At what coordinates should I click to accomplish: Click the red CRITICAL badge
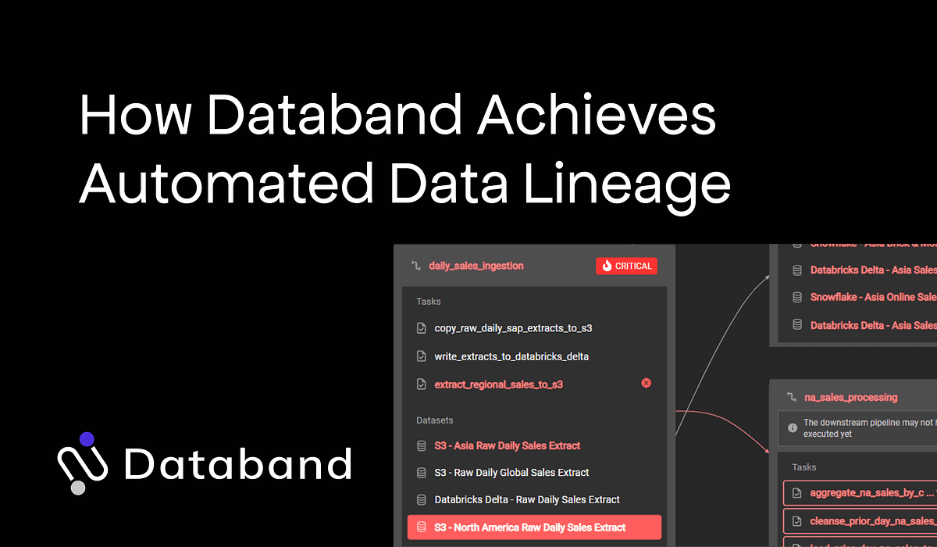626,266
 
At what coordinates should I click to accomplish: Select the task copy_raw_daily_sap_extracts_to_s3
513,328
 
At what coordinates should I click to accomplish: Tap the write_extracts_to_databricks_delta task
511,356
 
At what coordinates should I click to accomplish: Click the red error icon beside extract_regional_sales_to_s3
646,383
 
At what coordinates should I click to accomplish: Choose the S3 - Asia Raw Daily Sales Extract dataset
508,445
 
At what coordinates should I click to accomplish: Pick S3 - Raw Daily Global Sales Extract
511,473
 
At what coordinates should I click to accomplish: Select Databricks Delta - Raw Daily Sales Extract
527,499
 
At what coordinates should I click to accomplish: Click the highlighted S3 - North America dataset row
534,527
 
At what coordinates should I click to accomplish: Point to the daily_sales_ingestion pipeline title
476,266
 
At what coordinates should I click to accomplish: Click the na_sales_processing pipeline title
850,397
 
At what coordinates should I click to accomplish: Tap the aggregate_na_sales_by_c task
867,493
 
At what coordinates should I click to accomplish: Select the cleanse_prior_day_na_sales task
867,520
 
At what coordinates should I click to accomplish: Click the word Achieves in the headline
597,116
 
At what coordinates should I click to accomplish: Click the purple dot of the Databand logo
87,439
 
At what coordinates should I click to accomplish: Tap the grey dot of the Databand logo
78,488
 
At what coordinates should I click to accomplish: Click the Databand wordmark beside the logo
237,463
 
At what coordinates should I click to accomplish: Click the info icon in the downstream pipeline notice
793,427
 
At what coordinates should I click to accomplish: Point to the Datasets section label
435,420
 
